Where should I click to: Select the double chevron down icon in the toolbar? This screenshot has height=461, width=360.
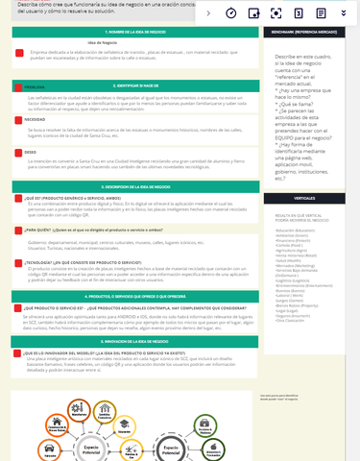coord(343,13)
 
